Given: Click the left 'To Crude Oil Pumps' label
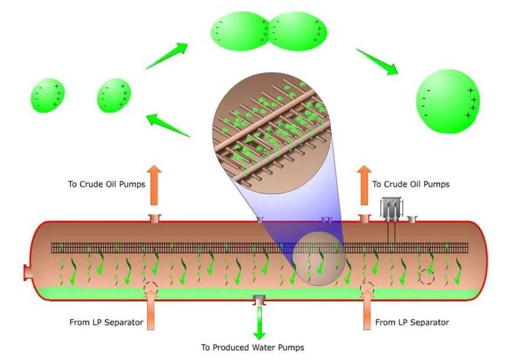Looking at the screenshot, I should tap(106, 184).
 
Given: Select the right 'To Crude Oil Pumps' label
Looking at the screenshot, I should tap(411, 184).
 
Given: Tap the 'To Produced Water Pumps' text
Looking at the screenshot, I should tap(252, 347).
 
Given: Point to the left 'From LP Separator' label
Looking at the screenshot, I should tap(106, 322).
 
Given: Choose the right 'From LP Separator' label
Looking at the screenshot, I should tap(412, 322).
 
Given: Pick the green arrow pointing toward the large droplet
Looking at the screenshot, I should tap(377, 61).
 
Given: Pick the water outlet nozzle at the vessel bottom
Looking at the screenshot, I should tap(260, 301).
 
